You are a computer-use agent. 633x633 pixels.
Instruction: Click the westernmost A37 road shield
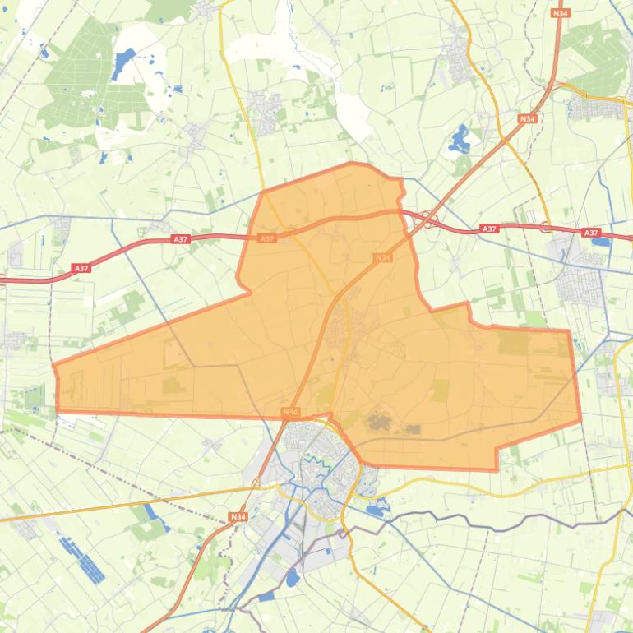(x=81, y=268)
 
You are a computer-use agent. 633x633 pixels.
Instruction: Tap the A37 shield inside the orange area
(x=266, y=238)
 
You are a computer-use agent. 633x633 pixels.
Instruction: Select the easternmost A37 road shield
(x=590, y=233)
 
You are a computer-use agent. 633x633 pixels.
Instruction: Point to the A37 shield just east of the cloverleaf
(x=488, y=229)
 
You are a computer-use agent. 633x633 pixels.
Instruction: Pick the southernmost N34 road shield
(x=238, y=516)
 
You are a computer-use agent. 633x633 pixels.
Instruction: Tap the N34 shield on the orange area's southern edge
(x=289, y=411)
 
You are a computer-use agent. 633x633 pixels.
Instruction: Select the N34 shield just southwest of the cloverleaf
(x=381, y=257)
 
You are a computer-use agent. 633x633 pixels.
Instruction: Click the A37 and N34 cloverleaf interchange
(x=426, y=218)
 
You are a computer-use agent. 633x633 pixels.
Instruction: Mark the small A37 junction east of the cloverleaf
(x=546, y=228)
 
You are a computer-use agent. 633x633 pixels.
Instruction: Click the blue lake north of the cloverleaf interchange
(x=459, y=140)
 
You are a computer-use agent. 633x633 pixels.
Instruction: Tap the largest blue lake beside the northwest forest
(x=125, y=60)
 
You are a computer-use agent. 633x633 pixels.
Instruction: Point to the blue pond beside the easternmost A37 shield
(x=600, y=242)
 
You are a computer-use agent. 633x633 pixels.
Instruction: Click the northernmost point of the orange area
(x=352, y=163)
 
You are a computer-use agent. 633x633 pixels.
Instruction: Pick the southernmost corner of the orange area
(x=497, y=470)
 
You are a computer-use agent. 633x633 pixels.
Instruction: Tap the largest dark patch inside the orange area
(x=377, y=423)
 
